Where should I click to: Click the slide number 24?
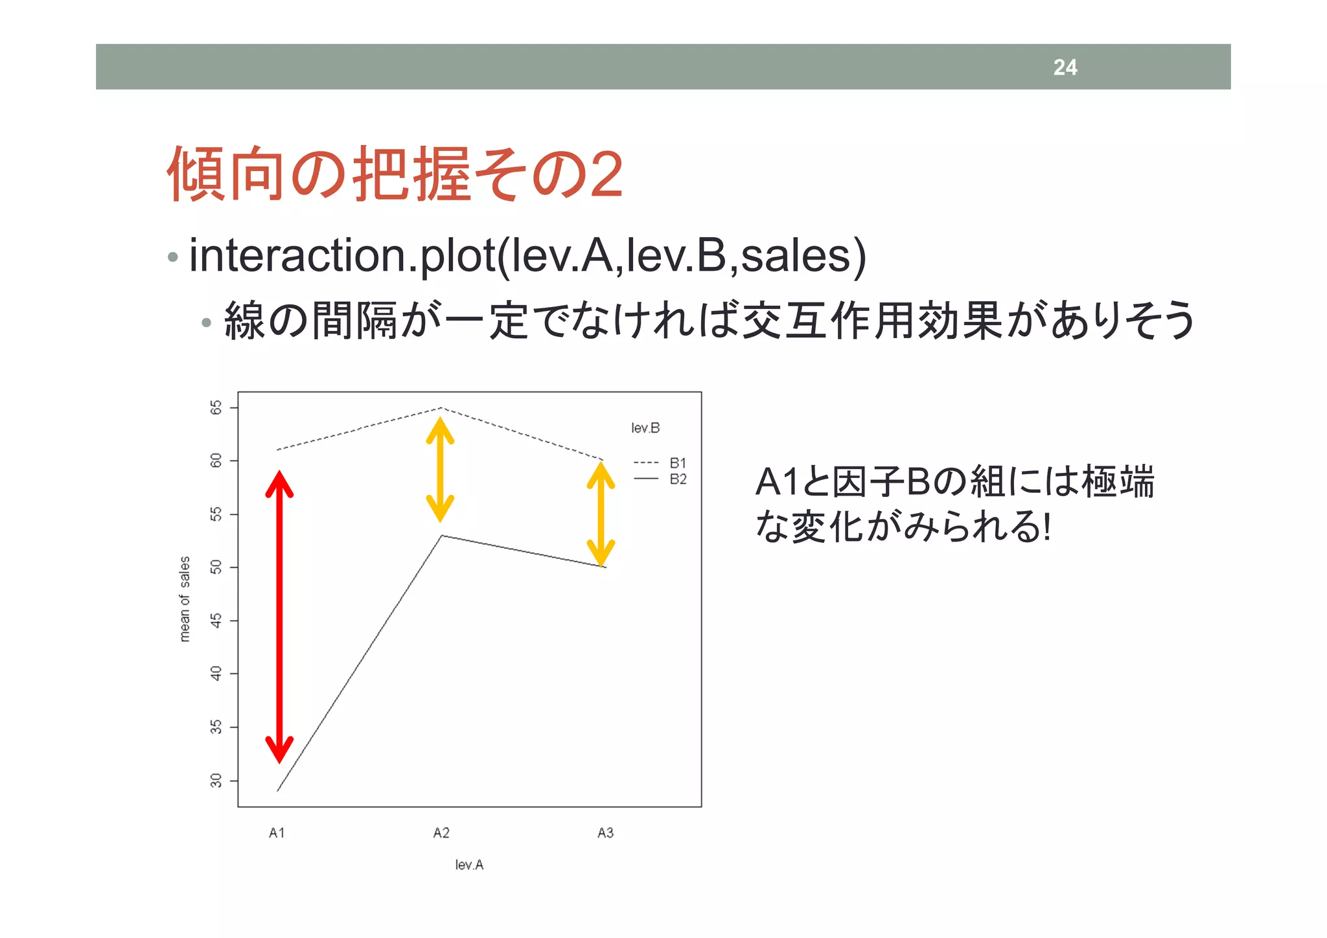[1065, 67]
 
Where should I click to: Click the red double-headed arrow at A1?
[279, 615]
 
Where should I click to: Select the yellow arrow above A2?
[440, 469]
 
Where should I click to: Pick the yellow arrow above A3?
[601, 514]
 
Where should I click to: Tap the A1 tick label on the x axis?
[277, 833]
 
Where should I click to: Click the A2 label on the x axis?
[441, 833]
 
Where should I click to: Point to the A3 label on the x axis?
[605, 833]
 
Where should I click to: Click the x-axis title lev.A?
[469, 865]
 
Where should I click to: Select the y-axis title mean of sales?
[185, 599]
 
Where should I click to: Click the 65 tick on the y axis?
[216, 407]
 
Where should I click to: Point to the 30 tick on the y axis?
[216, 781]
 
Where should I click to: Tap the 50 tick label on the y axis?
[216, 567]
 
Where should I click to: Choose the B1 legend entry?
[678, 463]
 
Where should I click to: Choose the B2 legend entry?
[678, 479]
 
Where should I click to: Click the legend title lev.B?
[645, 428]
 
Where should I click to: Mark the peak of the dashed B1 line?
[441, 408]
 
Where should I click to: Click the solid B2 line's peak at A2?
[441, 536]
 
